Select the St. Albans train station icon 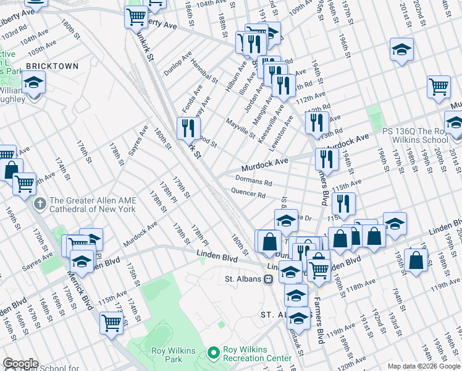tap(268, 279)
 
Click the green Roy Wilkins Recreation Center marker tap(214, 352)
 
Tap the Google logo tap(20, 364)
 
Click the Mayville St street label tap(240, 129)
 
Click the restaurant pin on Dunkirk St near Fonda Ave tap(189, 128)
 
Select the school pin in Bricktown tap(33, 82)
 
